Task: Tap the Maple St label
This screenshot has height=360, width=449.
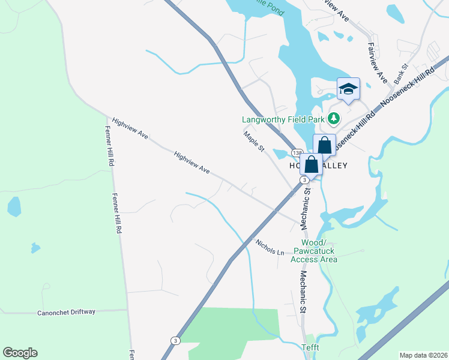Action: click(x=254, y=142)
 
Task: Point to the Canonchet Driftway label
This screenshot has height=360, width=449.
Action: click(x=66, y=313)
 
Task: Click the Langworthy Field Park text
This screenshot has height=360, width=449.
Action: click(x=283, y=119)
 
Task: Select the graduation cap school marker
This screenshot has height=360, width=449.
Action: click(x=348, y=89)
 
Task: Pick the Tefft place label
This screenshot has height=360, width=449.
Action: click(x=311, y=347)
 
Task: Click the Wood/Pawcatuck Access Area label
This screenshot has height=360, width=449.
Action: click(x=314, y=251)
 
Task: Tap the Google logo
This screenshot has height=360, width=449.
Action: click(x=20, y=353)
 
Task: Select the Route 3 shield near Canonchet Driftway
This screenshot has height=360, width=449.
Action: click(x=175, y=340)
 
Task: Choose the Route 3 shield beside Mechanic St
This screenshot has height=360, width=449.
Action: click(x=305, y=179)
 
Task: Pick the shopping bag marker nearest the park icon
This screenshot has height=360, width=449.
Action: click(x=324, y=145)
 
